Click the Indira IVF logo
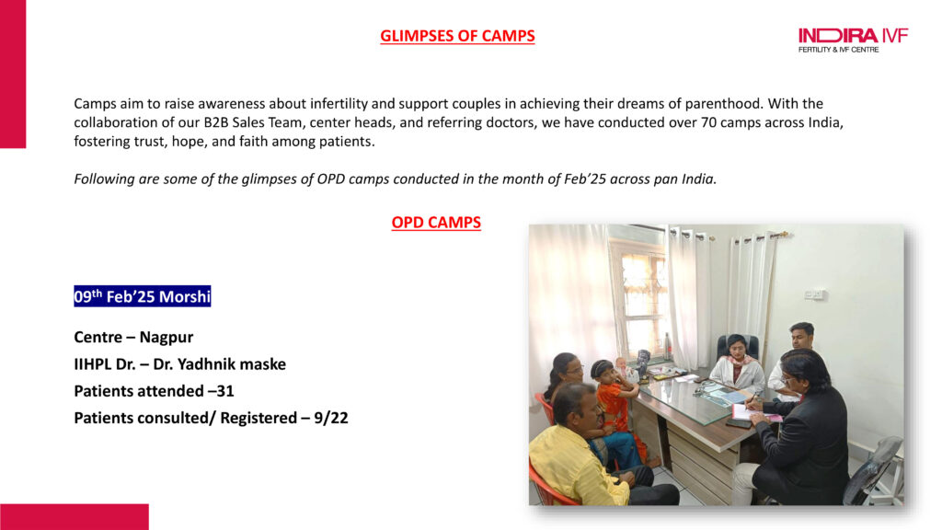[853, 40]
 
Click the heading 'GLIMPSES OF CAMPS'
[457, 36]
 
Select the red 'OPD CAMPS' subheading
[436, 223]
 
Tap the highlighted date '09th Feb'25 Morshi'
[143, 296]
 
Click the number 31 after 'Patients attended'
[225, 391]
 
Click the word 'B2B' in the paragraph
[216, 122]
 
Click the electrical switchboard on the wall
[814, 294]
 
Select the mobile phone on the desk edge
[739, 423]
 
